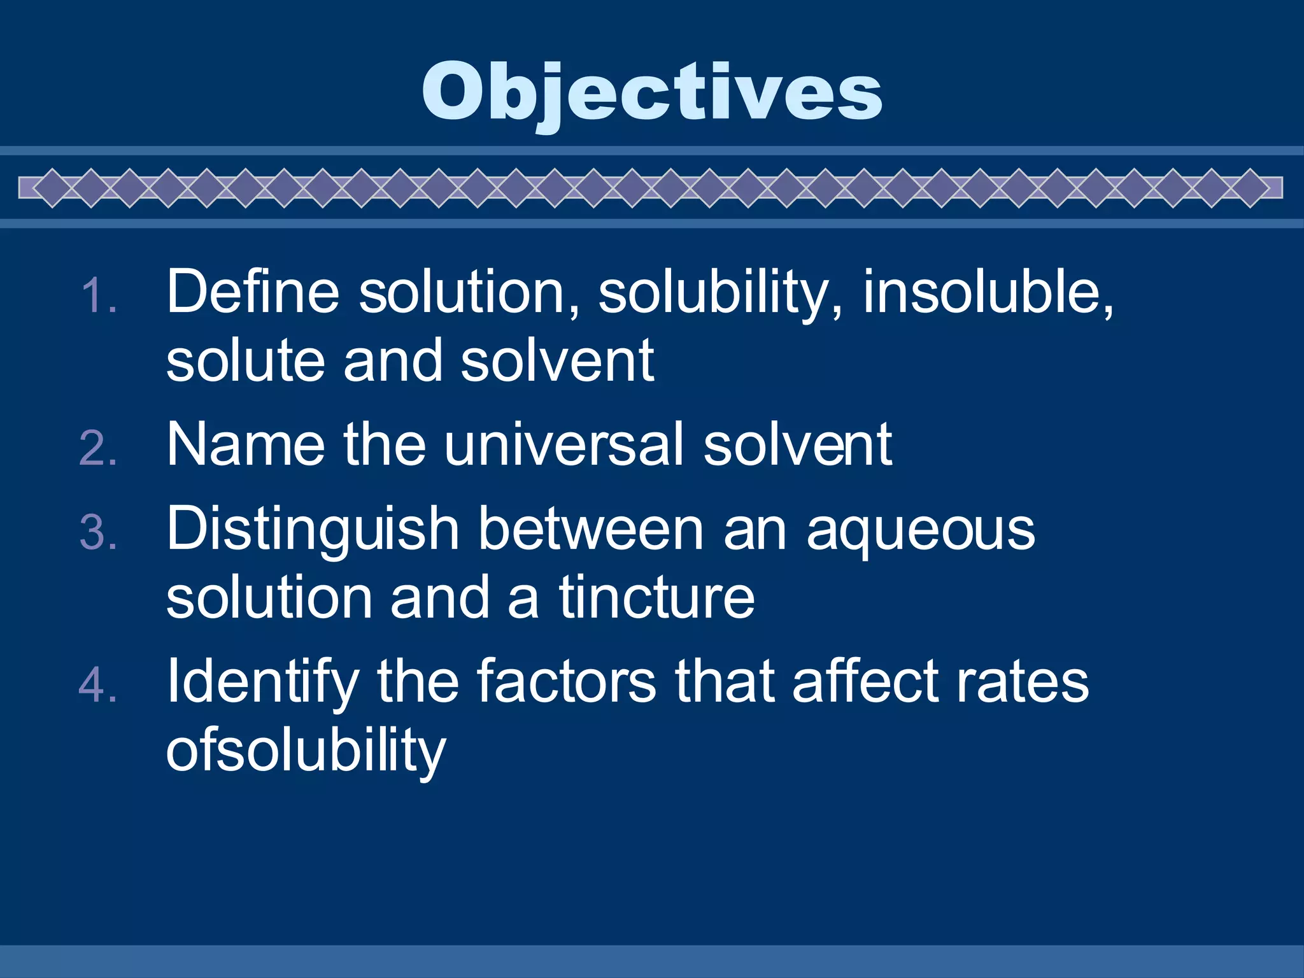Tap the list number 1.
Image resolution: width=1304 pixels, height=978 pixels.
[99, 295]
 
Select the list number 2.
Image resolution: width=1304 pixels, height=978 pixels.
[99, 448]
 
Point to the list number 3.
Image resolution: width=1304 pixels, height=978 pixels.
[99, 532]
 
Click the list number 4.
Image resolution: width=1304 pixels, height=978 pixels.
[99, 685]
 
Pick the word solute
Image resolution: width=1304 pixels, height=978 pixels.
[246, 361]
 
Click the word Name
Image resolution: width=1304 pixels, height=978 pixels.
[246, 444]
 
